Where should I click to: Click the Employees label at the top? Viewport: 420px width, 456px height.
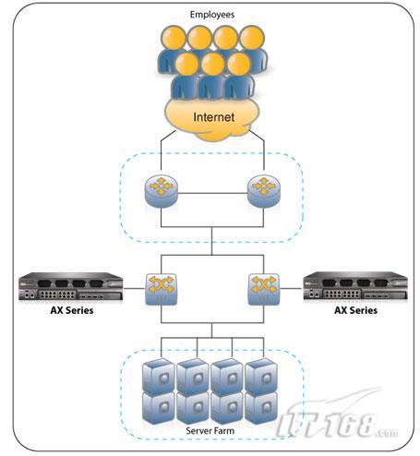[212, 15]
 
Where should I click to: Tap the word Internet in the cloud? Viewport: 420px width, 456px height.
[214, 117]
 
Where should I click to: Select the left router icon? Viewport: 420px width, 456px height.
[161, 191]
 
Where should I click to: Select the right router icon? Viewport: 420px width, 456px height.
[264, 191]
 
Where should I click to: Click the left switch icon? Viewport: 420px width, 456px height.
[161, 289]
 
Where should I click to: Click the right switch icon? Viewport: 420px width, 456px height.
[264, 289]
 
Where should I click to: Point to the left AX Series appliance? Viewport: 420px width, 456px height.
[71, 286]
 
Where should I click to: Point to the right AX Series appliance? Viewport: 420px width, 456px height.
[355, 286]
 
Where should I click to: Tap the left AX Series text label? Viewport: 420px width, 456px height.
[72, 310]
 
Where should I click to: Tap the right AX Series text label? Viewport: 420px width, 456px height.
[355, 310]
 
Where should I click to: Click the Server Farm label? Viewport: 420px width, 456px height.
[210, 430]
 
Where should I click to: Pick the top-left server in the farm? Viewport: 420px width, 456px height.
[159, 377]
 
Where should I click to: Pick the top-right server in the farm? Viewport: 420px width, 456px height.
[261, 377]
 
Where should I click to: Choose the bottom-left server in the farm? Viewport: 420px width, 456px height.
[159, 408]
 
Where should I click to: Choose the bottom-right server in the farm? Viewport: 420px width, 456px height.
[261, 408]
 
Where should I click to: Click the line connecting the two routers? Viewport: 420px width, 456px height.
[212, 193]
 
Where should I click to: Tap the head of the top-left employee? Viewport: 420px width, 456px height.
[174, 38]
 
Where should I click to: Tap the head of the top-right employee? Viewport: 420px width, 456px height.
[252, 38]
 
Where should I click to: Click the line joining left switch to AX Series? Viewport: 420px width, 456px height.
[134, 289]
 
